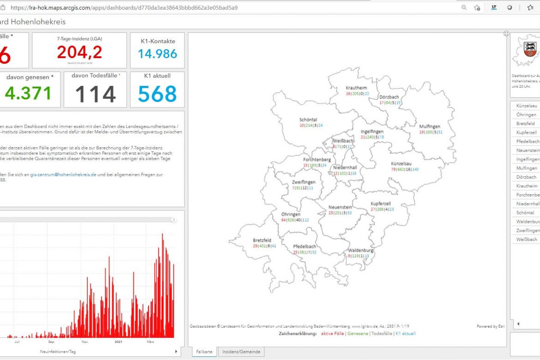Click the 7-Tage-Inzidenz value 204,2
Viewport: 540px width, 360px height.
click(80, 52)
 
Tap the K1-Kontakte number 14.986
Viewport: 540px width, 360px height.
click(157, 54)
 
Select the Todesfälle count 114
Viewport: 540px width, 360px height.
click(95, 95)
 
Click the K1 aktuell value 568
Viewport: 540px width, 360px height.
click(157, 94)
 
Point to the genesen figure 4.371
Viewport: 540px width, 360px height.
click(28, 94)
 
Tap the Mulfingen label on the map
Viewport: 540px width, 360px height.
click(430, 126)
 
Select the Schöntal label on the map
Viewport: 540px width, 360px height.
click(308, 120)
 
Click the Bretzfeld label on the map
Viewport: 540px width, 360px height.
click(262, 240)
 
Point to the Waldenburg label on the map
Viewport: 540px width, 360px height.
click(360, 250)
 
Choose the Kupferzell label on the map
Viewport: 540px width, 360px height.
click(381, 204)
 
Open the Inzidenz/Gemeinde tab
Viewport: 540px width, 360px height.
click(241, 352)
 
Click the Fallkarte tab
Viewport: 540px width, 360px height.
click(204, 352)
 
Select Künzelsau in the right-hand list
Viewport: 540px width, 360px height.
click(527, 106)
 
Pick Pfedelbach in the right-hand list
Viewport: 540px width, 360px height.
click(528, 141)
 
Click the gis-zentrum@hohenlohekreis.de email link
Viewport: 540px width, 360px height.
click(63, 175)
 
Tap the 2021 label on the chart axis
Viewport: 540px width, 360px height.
click(118, 342)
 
